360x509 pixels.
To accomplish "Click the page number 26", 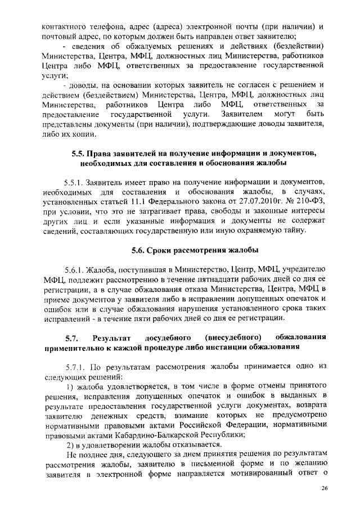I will (x=325, y=488).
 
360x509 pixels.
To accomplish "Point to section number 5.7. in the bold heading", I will (x=71, y=337).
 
